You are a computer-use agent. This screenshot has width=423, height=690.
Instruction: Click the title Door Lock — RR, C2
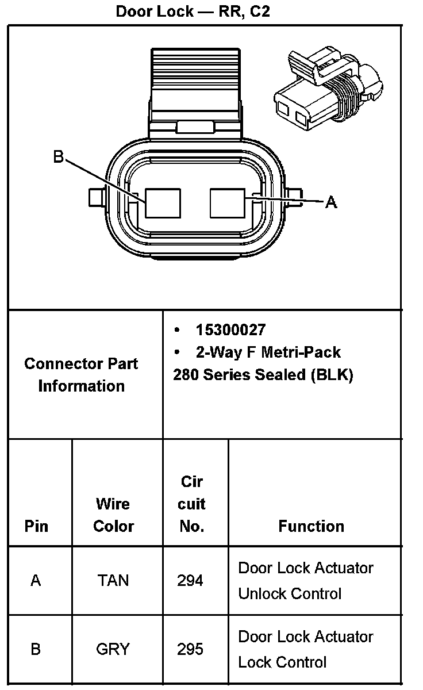click(193, 11)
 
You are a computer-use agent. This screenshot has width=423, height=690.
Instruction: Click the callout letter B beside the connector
click(59, 156)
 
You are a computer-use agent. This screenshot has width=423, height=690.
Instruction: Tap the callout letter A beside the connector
click(331, 202)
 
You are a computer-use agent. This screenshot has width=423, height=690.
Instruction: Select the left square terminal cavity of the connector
click(162, 203)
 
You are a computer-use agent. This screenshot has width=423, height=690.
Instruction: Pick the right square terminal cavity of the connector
click(228, 203)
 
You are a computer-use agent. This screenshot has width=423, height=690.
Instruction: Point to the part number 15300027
click(230, 330)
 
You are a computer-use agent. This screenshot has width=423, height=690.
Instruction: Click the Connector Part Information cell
click(81, 374)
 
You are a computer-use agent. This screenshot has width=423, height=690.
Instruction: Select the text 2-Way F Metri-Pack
click(268, 352)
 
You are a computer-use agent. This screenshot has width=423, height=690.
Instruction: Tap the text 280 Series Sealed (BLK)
click(263, 375)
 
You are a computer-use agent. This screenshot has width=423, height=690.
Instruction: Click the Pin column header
click(36, 526)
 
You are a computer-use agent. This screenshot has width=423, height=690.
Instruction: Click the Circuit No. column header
click(191, 504)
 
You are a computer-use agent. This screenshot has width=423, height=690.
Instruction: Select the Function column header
click(311, 526)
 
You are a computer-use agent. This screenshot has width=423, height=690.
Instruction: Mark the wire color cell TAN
click(113, 580)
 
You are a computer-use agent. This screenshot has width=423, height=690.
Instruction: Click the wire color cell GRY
click(113, 649)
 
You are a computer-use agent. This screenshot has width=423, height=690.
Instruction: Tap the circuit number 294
click(190, 580)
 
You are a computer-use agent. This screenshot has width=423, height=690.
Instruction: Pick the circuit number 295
click(190, 649)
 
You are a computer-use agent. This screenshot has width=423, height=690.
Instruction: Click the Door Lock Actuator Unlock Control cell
click(306, 580)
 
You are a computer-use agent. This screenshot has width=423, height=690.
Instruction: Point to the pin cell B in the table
click(36, 649)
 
